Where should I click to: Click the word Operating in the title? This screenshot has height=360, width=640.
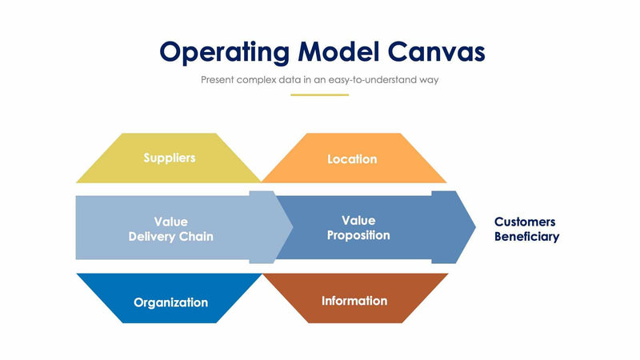(x=224, y=52)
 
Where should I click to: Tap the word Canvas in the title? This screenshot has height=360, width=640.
(x=436, y=52)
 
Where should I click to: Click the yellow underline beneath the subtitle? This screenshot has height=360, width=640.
(x=319, y=94)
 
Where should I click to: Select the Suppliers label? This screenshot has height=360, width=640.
(x=169, y=158)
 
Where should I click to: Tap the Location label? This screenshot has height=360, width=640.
(x=352, y=159)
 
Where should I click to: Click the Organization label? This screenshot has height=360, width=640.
(x=170, y=302)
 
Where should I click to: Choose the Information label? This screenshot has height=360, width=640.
(x=354, y=301)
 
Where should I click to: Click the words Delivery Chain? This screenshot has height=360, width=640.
(x=171, y=237)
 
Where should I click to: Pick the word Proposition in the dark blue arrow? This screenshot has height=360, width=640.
(x=358, y=235)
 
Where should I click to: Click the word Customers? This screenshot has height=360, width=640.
(x=525, y=222)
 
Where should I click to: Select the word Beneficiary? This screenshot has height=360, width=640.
(x=526, y=237)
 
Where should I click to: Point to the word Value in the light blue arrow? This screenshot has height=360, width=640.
(x=170, y=222)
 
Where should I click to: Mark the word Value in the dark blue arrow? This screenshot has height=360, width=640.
(x=358, y=220)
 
